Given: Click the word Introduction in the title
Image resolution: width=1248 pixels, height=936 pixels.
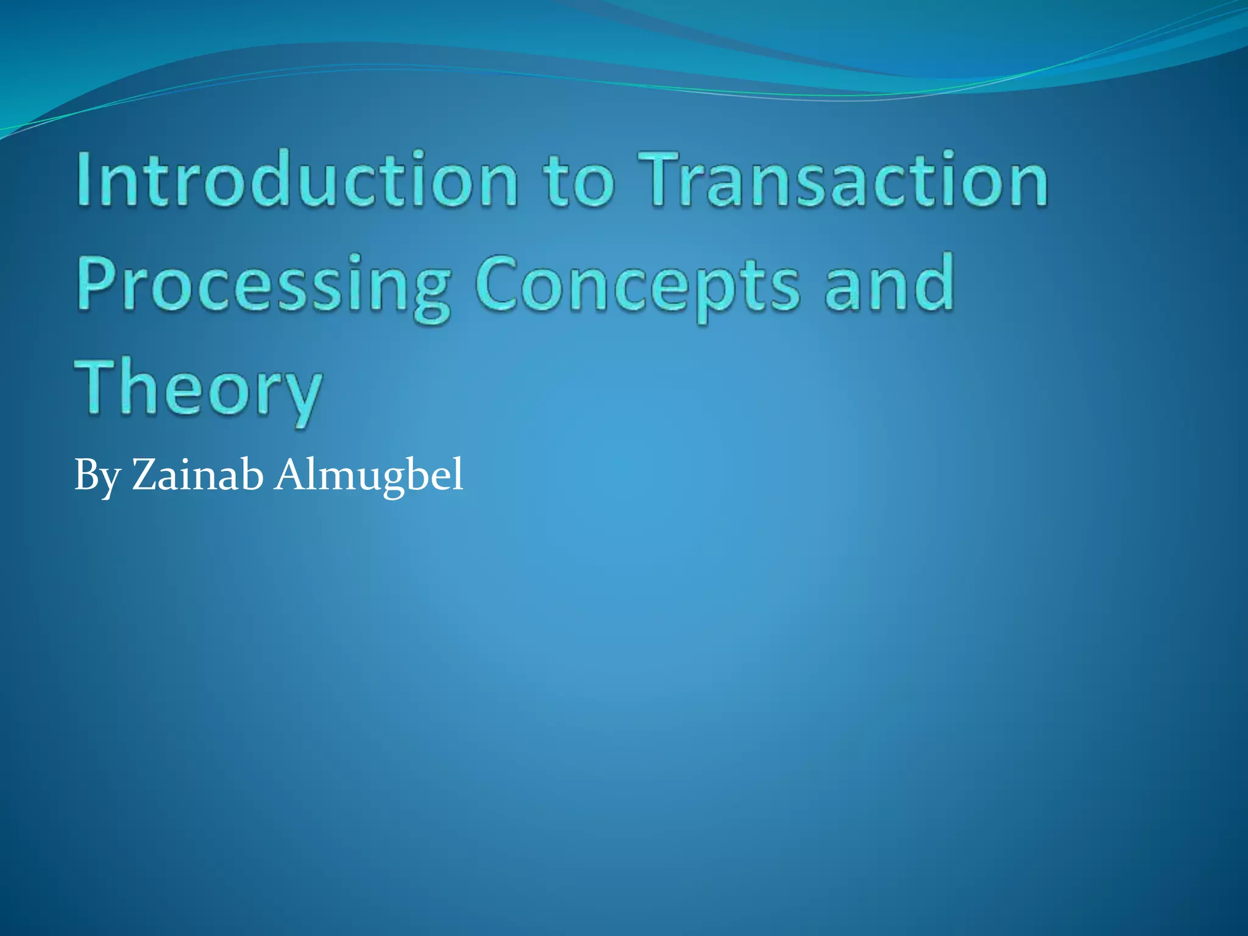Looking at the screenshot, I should [x=297, y=180].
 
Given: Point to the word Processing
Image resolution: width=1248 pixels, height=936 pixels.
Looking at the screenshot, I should [x=263, y=286].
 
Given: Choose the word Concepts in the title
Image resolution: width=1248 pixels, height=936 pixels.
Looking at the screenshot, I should [x=637, y=286].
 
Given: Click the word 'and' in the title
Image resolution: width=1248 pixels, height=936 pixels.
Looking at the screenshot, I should [x=889, y=283].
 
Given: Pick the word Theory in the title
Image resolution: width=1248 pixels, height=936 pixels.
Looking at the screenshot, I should [x=198, y=390].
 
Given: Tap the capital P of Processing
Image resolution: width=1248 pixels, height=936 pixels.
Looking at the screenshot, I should [x=97, y=283].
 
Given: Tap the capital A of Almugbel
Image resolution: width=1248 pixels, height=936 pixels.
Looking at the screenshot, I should [x=291, y=474].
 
